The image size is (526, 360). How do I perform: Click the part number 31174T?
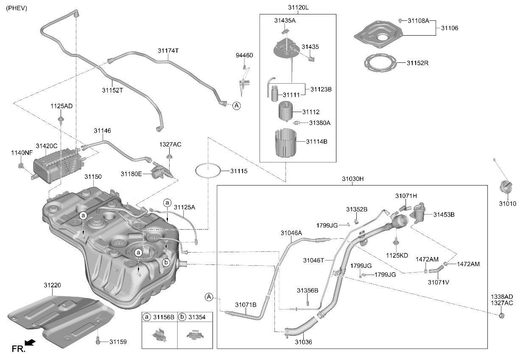coord(168,51)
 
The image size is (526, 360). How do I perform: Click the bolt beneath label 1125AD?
coord(61,119)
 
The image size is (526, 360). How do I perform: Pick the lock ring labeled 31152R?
coord(380,63)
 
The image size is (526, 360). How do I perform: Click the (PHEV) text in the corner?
coord(17,8)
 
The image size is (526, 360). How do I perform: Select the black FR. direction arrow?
coord(30,343)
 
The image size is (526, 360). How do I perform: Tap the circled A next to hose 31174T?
coord(236,106)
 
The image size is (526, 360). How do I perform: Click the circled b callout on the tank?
coord(166,262)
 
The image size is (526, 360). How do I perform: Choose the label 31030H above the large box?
coord(353,179)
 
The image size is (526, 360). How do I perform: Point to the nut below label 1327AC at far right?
coord(501,316)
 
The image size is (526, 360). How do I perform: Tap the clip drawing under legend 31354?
coord(195,335)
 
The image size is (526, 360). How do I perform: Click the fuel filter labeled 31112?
coord(286,111)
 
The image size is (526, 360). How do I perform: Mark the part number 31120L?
coord(298,8)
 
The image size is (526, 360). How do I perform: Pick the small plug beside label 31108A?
coord(400,20)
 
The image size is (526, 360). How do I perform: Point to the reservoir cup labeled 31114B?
coord(285,143)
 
